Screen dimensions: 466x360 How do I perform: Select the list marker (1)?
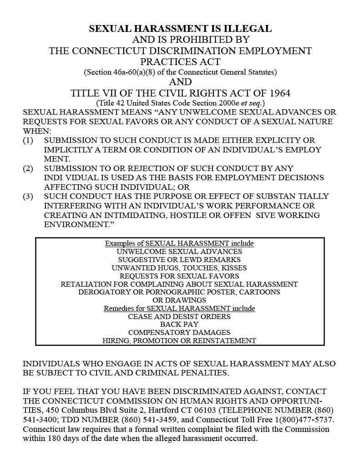pos(28,140)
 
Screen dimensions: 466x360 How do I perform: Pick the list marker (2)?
pos(28,168)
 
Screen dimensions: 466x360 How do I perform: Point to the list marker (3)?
pos(28,197)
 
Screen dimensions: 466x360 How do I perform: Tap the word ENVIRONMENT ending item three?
pos(74,224)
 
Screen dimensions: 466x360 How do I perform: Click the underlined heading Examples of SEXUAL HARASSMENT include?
pos(179,243)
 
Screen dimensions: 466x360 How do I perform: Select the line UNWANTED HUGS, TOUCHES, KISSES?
pos(179,268)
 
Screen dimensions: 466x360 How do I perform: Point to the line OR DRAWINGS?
pos(179,300)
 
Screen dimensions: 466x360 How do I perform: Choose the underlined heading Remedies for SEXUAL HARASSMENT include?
pos(179,309)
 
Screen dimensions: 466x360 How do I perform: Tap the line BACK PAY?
pos(179,324)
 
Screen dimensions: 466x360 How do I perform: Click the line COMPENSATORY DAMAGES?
pos(179,333)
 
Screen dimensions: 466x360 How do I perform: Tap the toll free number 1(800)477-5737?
pos(300,420)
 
